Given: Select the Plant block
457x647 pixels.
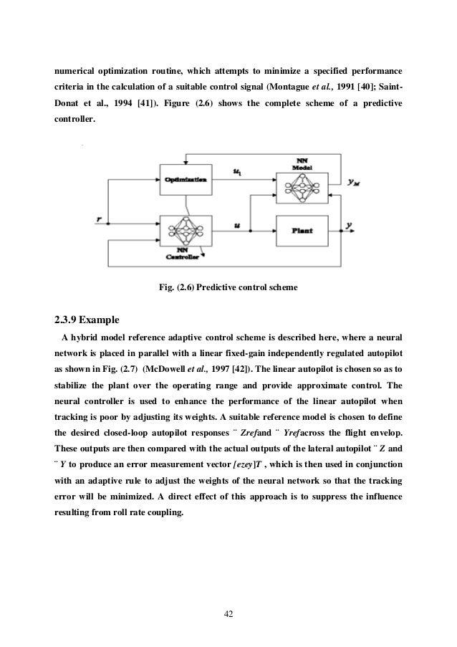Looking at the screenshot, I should (299, 231).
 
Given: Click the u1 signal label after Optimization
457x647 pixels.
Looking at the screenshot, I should (238, 171).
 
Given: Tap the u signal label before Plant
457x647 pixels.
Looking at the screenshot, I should (238, 225).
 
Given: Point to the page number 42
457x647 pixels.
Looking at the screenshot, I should (228, 614).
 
